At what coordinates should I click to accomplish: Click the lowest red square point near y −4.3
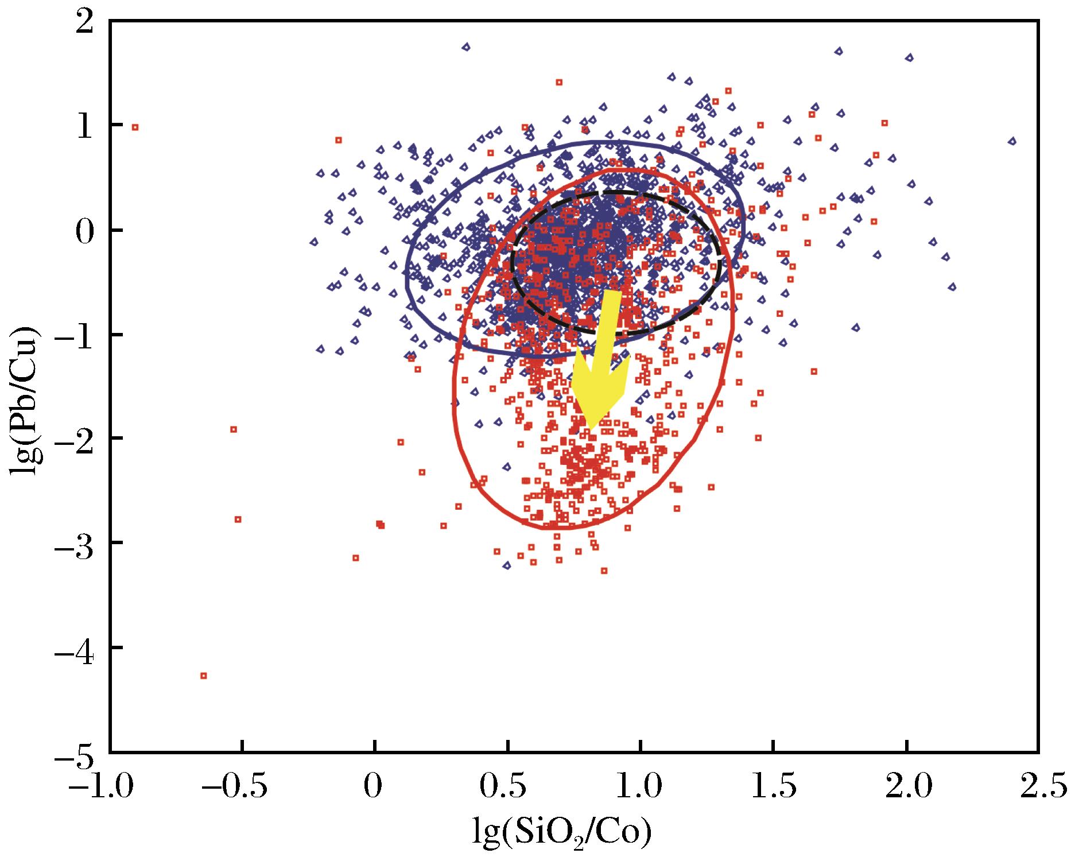203,676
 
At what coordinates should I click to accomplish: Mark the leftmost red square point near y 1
135,127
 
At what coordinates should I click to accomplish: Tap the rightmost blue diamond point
1012,141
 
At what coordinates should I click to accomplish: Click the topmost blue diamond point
466,47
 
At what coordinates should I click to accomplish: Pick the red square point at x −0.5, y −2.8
238,519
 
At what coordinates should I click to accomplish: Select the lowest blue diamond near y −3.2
507,566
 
